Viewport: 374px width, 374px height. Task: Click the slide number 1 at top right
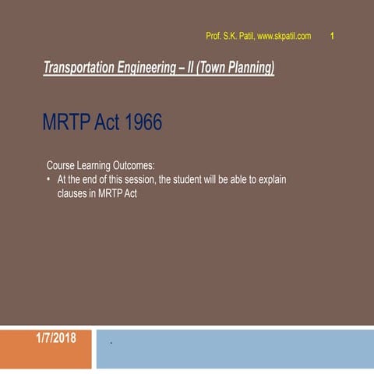coord(333,36)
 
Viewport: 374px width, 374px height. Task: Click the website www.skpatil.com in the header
coord(284,37)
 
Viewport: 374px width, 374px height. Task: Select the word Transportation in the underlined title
coord(79,69)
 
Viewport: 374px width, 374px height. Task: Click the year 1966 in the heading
coord(143,124)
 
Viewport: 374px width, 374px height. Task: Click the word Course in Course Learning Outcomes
coord(62,166)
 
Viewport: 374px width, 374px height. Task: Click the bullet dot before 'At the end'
coord(49,180)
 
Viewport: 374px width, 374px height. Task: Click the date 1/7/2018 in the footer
coord(56,337)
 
